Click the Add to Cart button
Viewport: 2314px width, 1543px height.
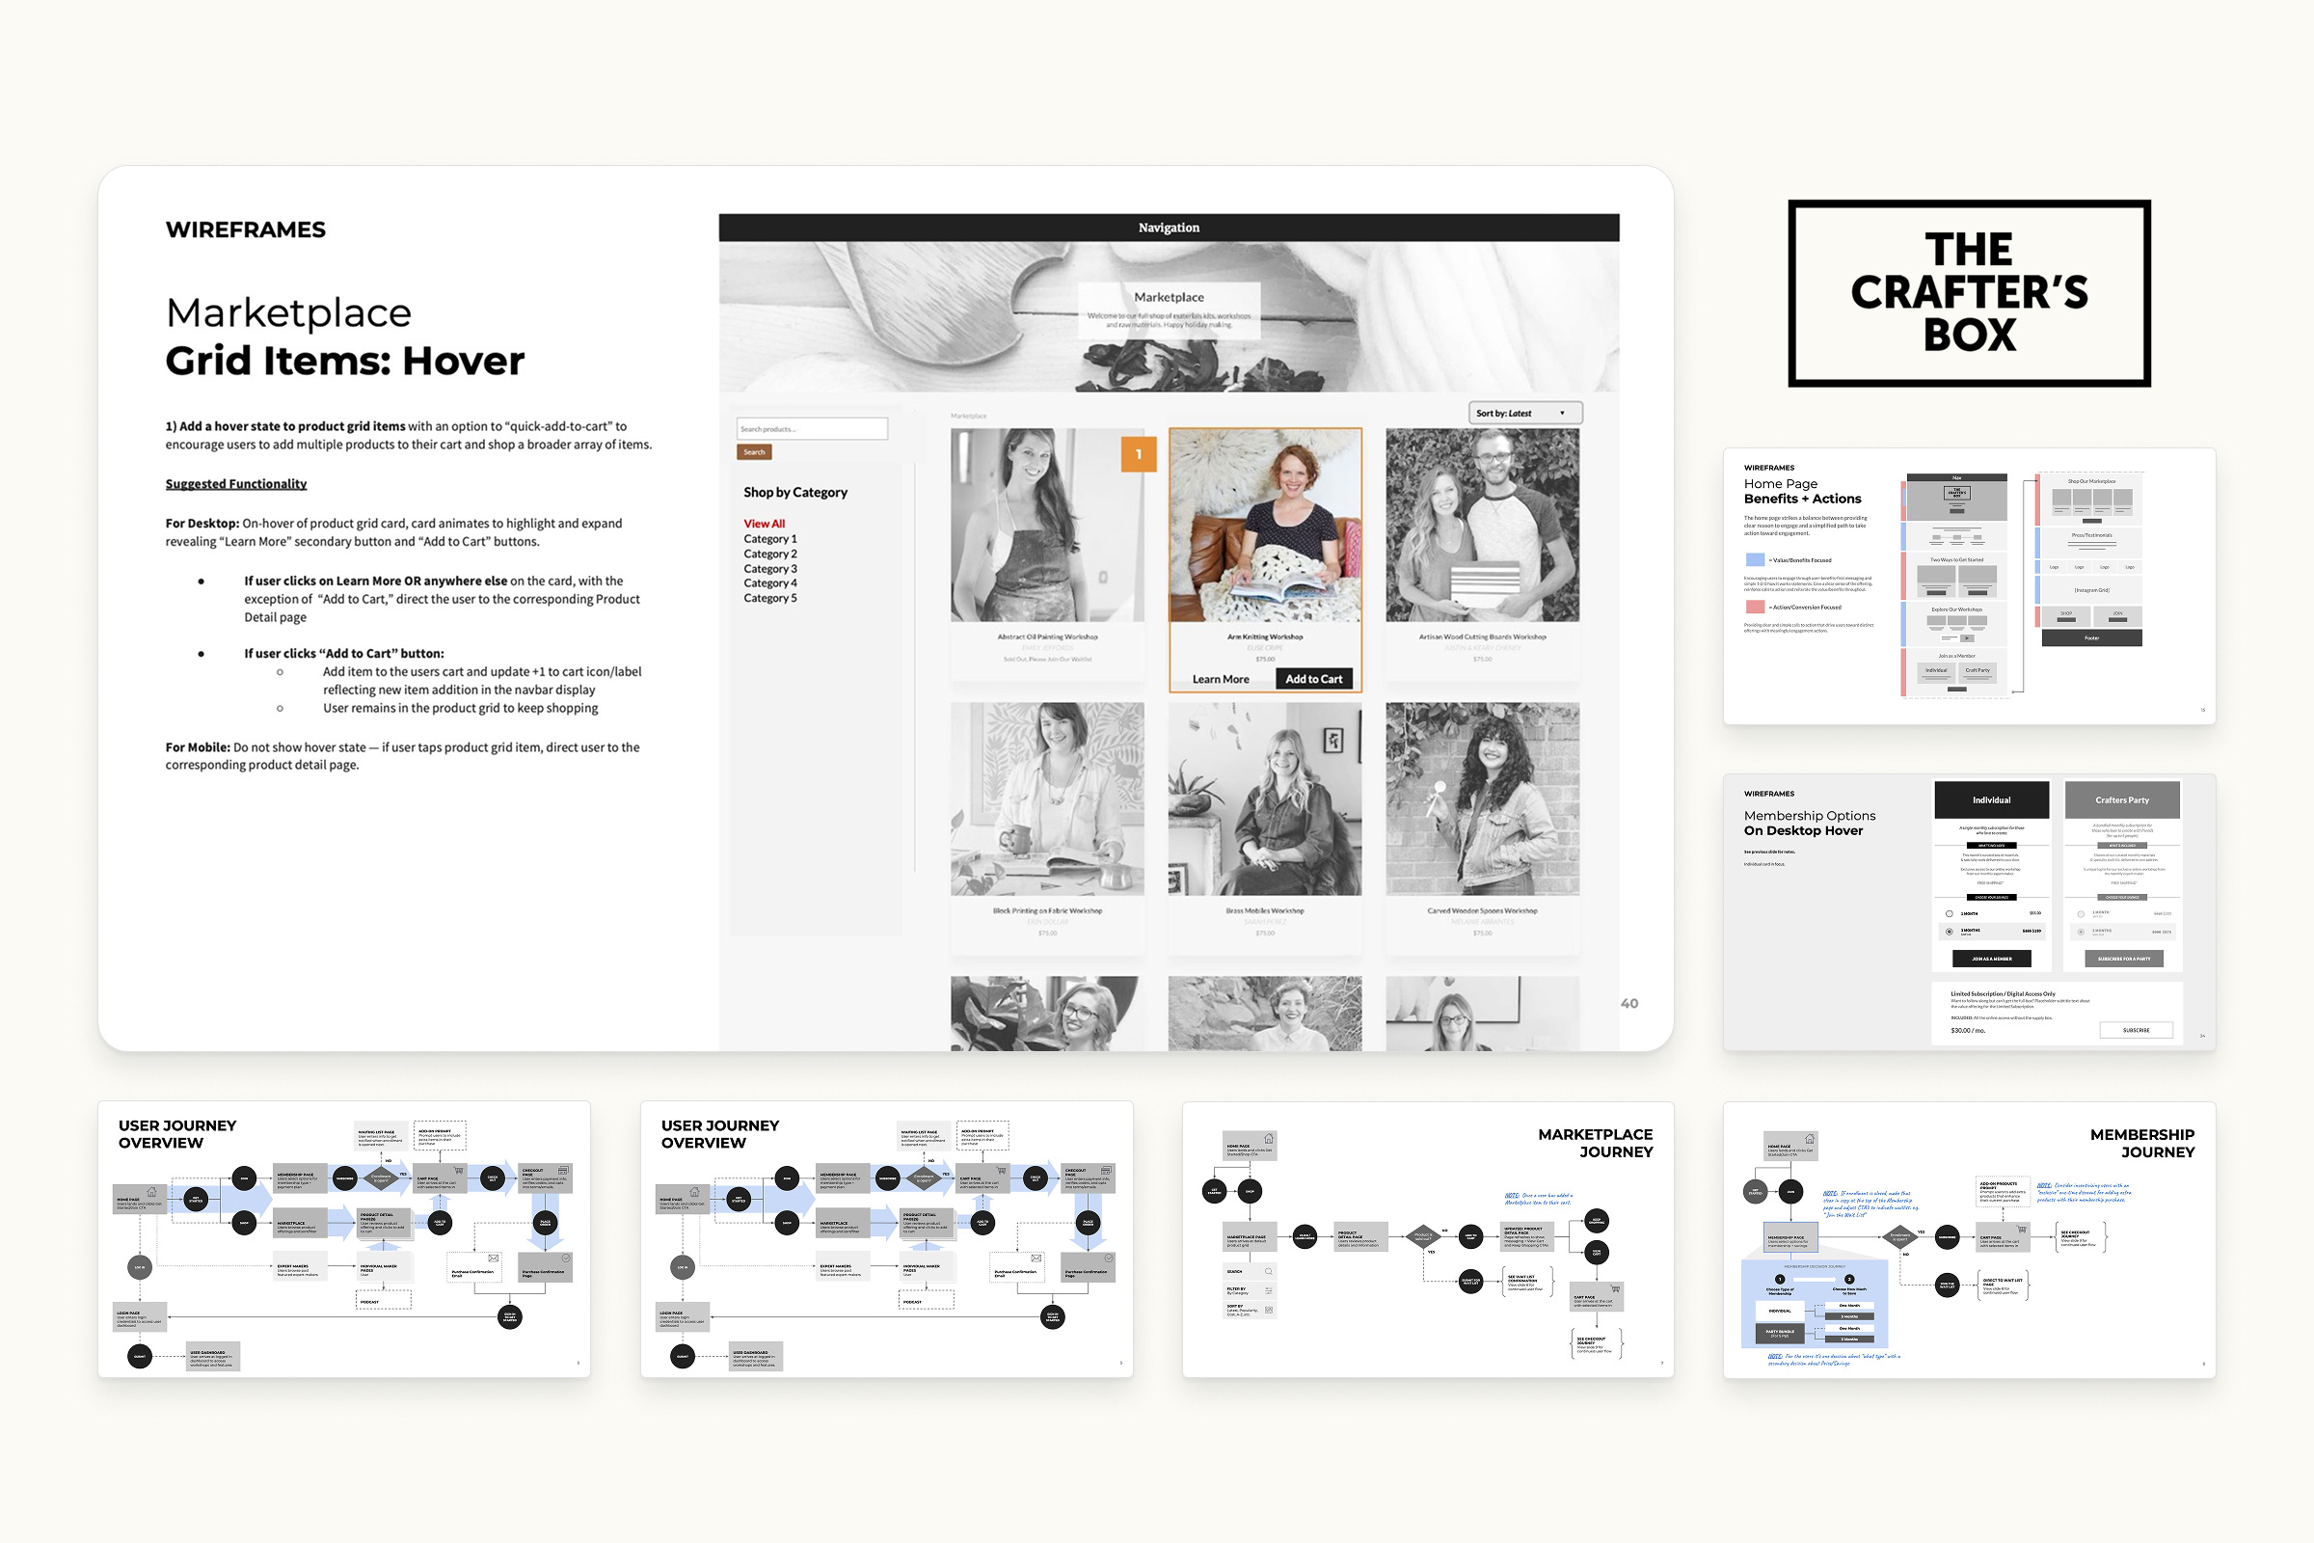click(1313, 679)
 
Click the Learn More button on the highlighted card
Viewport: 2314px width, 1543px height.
click(1220, 679)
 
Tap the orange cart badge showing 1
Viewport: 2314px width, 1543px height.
click(1139, 453)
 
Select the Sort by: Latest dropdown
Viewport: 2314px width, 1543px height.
click(1524, 414)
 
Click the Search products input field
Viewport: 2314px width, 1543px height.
click(812, 429)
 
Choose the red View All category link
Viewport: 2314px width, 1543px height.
click(764, 524)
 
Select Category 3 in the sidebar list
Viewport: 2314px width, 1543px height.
click(769, 569)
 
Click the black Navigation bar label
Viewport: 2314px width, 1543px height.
click(1168, 228)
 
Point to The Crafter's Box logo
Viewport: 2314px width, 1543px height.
click(1969, 293)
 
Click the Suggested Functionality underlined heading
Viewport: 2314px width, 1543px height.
click(236, 484)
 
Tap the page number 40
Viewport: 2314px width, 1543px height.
click(1629, 1004)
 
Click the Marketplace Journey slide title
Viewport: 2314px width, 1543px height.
click(1595, 1144)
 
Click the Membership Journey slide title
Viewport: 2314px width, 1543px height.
click(2140, 1144)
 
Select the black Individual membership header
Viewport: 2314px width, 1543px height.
click(1991, 800)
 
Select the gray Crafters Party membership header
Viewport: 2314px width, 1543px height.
click(2121, 800)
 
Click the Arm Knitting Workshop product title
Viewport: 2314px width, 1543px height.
click(1264, 636)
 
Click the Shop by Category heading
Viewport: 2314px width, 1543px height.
click(794, 492)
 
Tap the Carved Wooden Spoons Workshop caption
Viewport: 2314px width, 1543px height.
click(1482, 911)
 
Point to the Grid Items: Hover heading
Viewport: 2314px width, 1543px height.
click(344, 361)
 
